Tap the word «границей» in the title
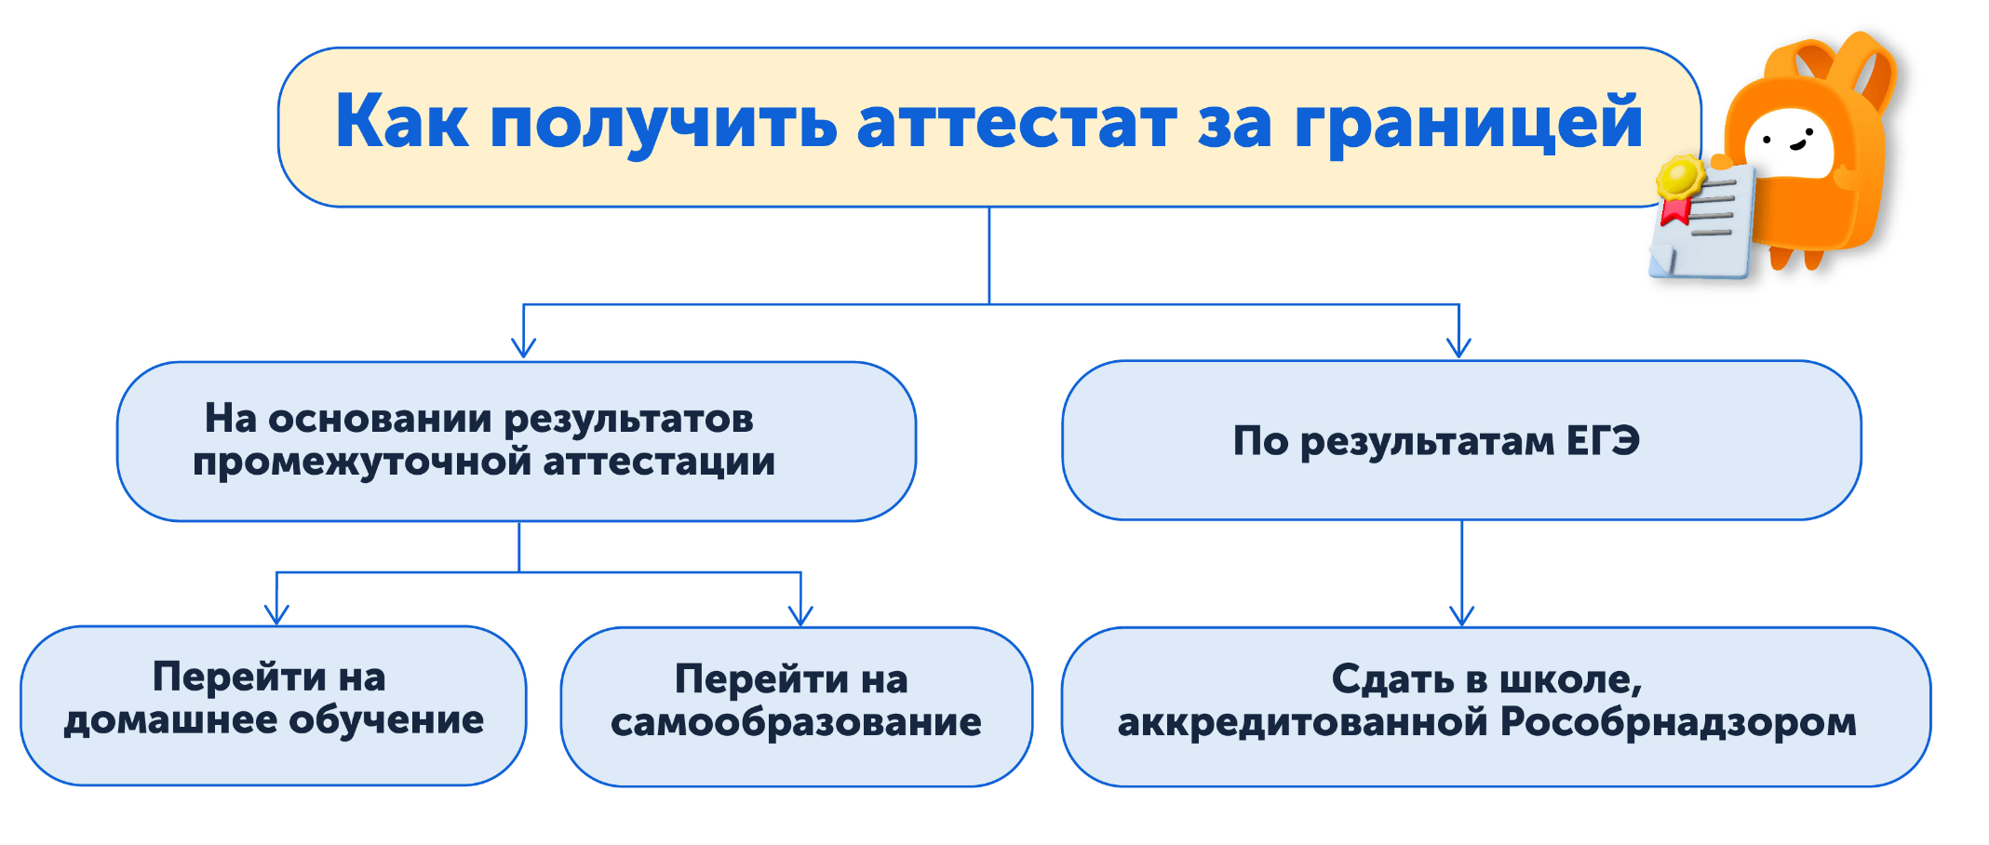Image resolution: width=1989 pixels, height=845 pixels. point(1469,124)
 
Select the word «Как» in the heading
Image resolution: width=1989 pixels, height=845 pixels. point(402,121)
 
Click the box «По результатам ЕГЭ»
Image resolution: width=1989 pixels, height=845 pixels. point(1461,440)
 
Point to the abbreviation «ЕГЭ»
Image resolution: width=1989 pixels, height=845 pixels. point(1603,440)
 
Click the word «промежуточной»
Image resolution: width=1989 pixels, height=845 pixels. point(361,463)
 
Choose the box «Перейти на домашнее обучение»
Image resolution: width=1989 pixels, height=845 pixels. point(274,705)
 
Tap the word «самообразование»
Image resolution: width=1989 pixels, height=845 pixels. point(796,723)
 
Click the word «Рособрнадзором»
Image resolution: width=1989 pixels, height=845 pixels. point(1679,723)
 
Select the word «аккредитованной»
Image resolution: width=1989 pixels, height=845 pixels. point(1303,723)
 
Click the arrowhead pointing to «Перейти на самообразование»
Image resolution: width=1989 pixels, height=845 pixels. point(800,615)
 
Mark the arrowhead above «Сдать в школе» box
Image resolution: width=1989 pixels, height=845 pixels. point(1462,615)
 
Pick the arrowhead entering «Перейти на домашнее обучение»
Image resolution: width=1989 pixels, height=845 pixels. point(276,614)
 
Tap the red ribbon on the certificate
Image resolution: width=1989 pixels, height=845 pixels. point(1675,210)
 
